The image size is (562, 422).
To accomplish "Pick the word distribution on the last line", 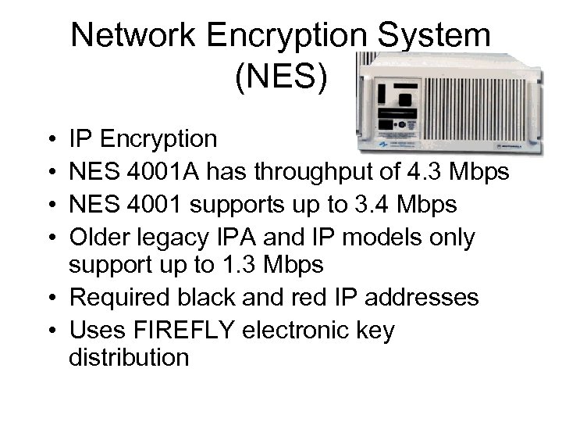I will tap(129, 359).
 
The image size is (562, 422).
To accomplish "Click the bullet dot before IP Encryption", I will tap(50, 141).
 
